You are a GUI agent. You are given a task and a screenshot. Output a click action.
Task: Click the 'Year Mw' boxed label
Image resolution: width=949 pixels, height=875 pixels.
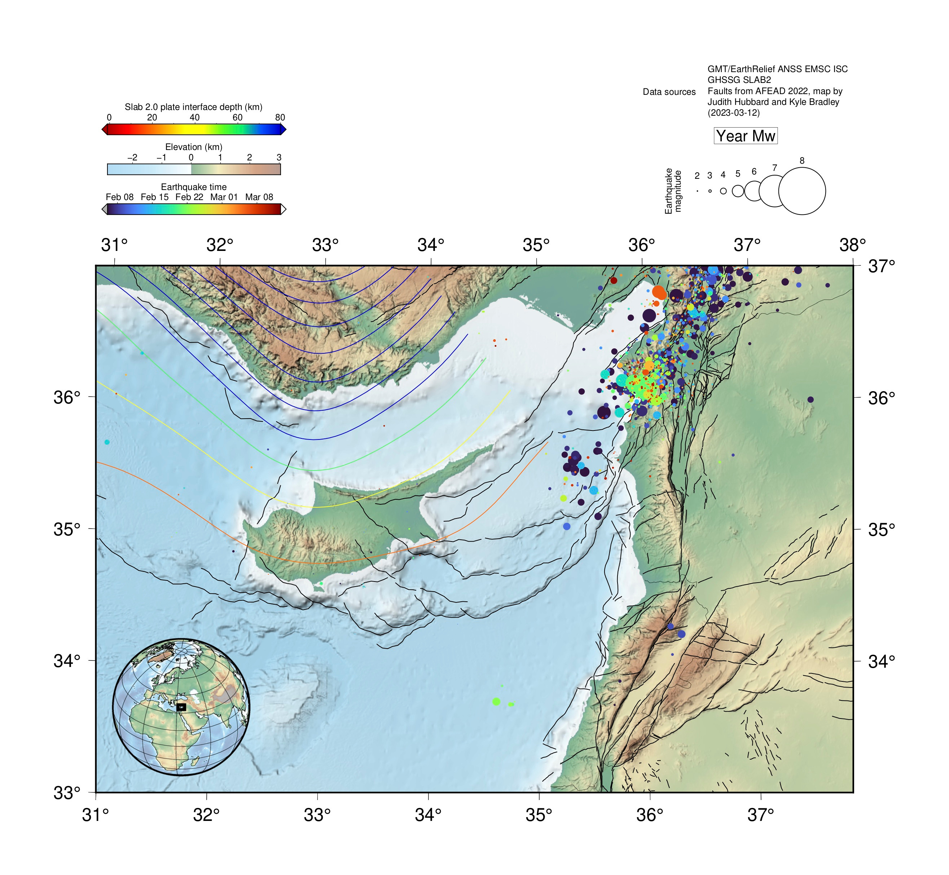pyautogui.click(x=745, y=136)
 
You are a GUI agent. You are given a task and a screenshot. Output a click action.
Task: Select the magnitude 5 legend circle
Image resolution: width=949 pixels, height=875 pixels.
pyautogui.click(x=738, y=191)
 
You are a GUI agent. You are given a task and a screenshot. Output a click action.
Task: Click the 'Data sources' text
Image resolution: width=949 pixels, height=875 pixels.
pyautogui.click(x=669, y=92)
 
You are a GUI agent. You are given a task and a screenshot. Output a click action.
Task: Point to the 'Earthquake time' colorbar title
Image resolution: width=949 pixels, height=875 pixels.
pyautogui.click(x=193, y=187)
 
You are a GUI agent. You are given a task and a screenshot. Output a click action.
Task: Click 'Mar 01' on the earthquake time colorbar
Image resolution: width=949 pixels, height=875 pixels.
pyautogui.click(x=224, y=197)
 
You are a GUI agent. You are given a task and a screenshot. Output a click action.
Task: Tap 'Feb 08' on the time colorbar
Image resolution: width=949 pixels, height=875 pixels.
pyautogui.click(x=119, y=197)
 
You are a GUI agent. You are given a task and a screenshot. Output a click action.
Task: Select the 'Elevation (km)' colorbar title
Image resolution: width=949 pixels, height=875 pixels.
pyautogui.click(x=193, y=147)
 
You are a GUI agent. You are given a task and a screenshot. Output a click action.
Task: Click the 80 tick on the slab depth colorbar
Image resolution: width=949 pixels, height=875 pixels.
pyautogui.click(x=280, y=118)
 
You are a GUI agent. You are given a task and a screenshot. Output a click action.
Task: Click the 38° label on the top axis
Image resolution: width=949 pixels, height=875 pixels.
pyautogui.click(x=852, y=245)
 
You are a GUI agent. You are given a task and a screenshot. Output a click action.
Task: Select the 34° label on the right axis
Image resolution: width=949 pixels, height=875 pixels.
pyautogui.click(x=881, y=661)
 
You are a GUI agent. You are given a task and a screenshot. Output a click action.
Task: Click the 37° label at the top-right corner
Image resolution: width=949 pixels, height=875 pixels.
pyautogui.click(x=881, y=266)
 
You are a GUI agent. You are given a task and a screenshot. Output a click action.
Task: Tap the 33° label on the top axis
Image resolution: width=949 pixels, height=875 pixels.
pyautogui.click(x=325, y=245)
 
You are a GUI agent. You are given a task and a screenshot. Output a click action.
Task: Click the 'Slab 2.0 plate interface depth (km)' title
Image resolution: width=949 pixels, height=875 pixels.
pyautogui.click(x=193, y=107)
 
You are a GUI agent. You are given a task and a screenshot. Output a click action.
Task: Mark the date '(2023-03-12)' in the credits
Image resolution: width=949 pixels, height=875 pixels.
pyautogui.click(x=733, y=113)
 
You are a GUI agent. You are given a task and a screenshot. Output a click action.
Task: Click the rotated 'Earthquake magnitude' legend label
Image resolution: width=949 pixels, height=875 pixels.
pyautogui.click(x=673, y=191)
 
